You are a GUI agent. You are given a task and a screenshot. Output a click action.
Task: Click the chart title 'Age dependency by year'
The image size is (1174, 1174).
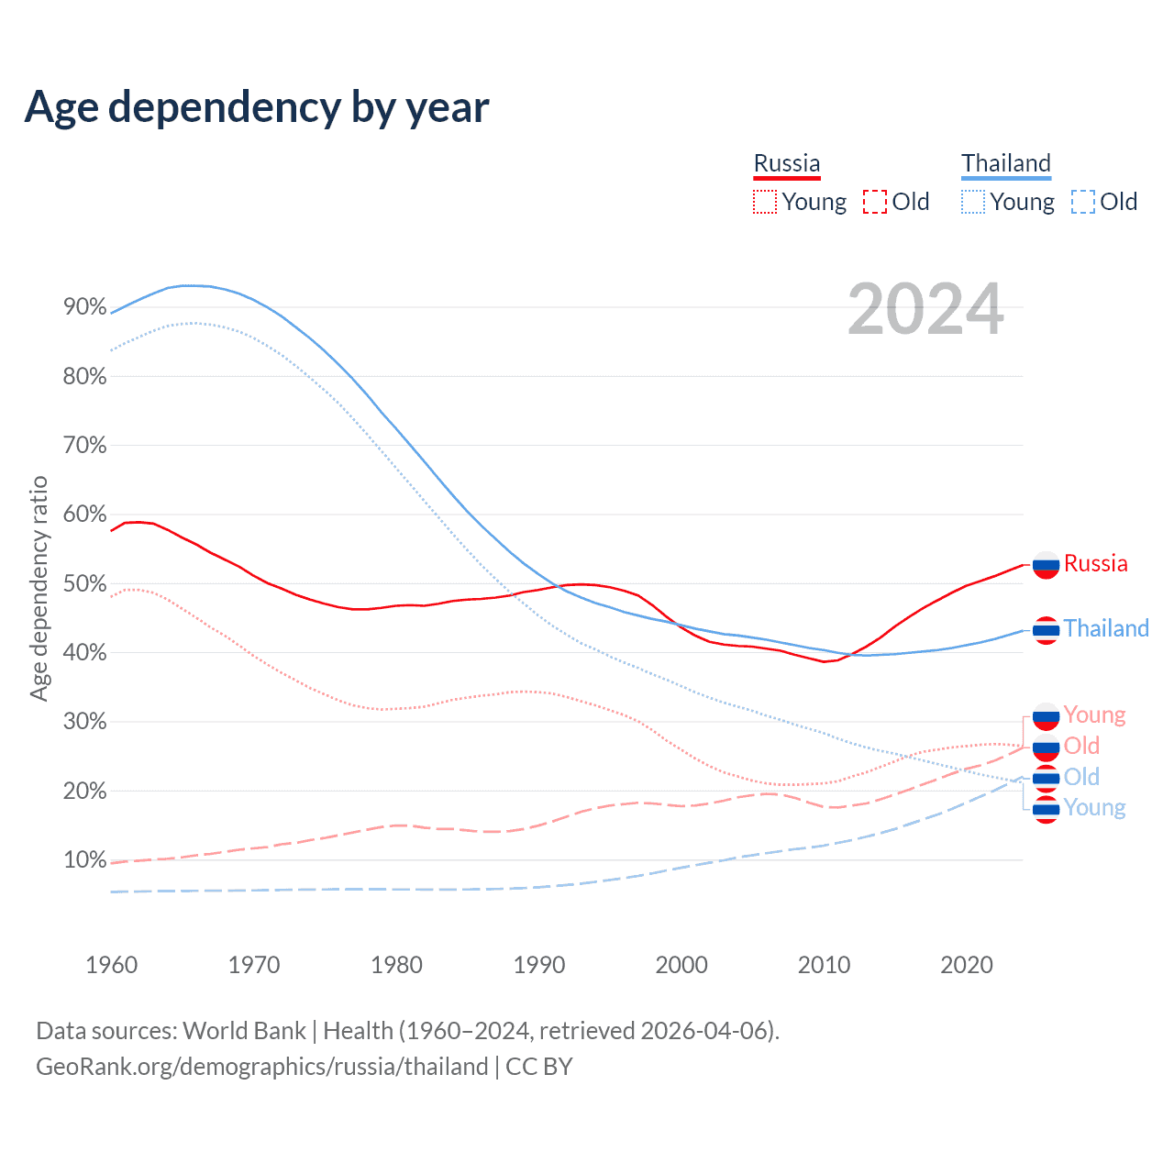click(257, 107)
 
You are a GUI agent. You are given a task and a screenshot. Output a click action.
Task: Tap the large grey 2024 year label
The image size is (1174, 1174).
click(925, 309)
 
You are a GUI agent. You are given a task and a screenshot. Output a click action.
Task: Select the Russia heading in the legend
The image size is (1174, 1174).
click(787, 163)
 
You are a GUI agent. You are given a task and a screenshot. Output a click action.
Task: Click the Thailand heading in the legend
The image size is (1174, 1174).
click(1005, 163)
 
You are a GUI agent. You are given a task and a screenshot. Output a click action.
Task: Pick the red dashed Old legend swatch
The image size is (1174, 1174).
click(875, 202)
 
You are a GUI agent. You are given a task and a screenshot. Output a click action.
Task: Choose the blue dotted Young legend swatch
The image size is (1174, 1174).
click(973, 202)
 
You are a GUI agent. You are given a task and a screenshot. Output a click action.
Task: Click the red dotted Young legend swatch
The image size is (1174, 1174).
click(765, 202)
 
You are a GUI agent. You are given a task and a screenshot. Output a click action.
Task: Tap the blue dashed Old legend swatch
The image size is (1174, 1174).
click(1083, 202)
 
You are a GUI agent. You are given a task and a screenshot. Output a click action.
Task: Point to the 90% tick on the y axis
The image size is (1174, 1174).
click(85, 307)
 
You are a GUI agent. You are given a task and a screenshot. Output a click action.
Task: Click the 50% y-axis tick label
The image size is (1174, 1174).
click(85, 584)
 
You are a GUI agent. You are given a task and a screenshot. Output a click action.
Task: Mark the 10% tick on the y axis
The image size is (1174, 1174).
click(85, 860)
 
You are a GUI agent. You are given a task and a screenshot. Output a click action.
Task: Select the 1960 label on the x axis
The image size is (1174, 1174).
click(112, 965)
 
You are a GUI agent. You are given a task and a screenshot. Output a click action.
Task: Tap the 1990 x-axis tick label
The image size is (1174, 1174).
click(539, 965)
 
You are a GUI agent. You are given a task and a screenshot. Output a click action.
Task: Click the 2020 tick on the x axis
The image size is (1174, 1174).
click(967, 965)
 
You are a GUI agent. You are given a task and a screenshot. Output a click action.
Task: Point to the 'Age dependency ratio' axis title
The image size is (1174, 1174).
click(39, 588)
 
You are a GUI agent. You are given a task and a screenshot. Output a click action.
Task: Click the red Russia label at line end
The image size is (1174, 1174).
click(1095, 563)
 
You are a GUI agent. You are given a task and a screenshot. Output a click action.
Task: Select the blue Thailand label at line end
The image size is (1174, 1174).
click(1106, 628)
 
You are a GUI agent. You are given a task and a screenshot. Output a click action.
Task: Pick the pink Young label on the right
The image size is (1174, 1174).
click(1094, 714)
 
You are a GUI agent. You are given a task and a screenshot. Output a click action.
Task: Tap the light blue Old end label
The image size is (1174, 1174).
click(1081, 777)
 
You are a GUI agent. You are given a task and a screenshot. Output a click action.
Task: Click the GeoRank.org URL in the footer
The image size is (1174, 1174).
click(262, 1067)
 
